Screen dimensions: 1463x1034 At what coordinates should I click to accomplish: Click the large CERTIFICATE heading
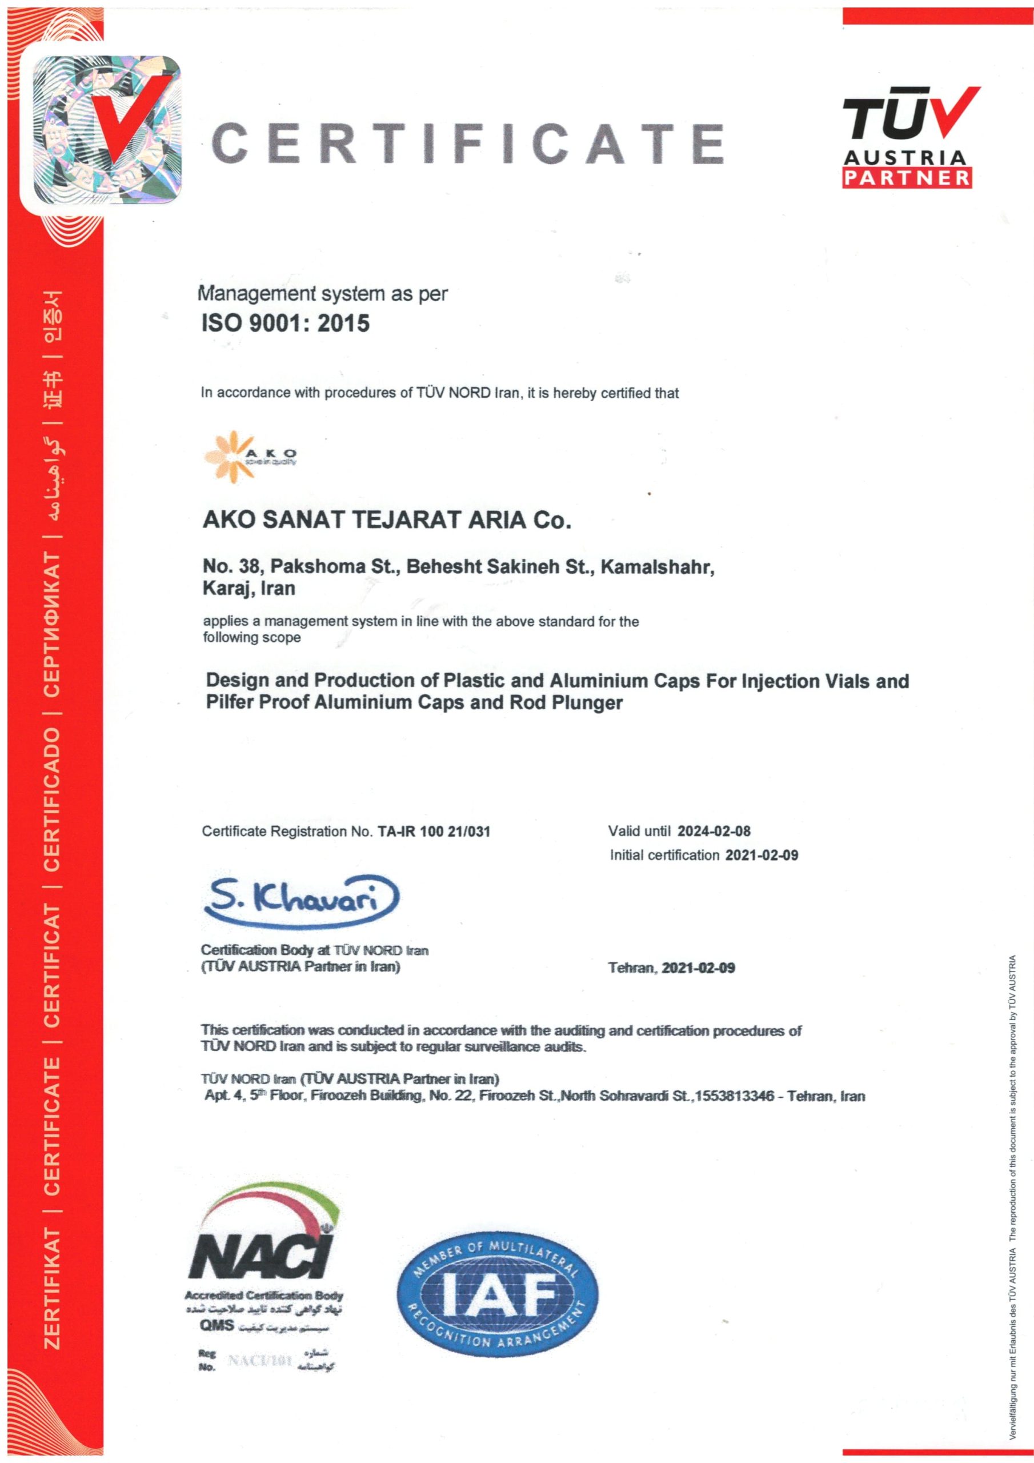coord(467,143)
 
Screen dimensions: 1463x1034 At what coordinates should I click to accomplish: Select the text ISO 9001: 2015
coord(286,323)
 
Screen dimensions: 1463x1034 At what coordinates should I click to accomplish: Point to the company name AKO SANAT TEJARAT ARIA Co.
coord(386,521)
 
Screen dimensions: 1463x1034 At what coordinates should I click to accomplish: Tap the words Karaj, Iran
coord(249,588)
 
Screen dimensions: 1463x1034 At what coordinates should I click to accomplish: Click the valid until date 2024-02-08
coord(714,830)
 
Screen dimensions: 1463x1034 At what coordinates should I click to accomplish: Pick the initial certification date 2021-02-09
coord(762,854)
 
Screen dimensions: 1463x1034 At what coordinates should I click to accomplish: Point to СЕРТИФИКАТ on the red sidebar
coord(52,626)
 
